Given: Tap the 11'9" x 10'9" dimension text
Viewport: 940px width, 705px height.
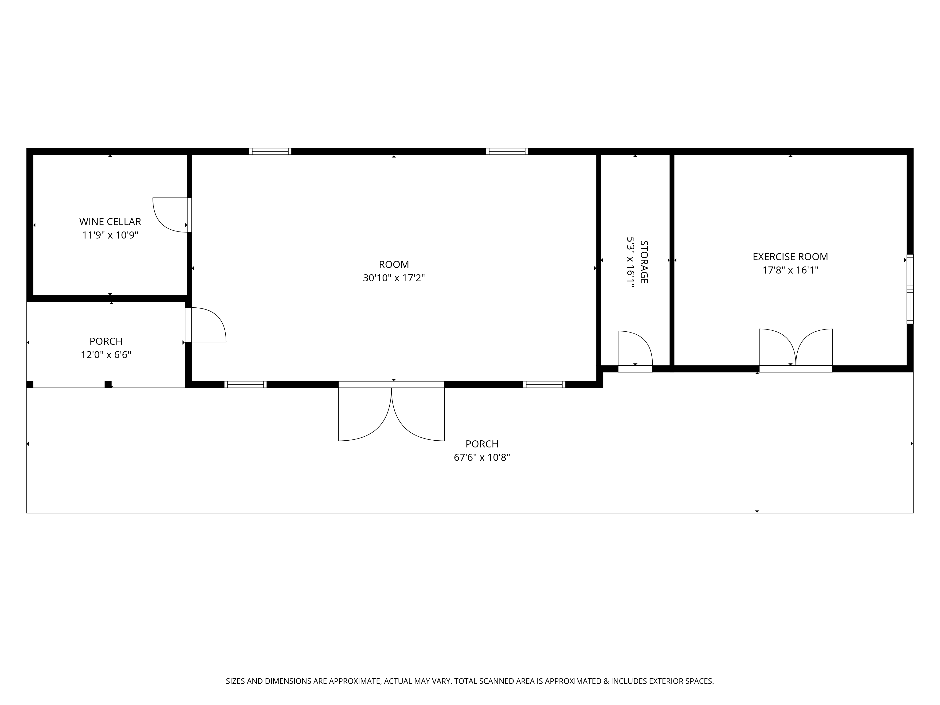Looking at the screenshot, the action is pyautogui.click(x=110, y=235).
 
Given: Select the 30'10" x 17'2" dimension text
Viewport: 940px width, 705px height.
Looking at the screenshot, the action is pyautogui.click(x=394, y=278).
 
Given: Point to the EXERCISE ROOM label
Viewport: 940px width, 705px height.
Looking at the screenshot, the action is pyautogui.click(x=790, y=257).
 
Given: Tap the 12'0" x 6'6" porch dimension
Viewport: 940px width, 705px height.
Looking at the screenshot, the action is pyautogui.click(x=106, y=355).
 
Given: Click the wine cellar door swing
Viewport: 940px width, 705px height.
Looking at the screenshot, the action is pyautogui.click(x=170, y=215).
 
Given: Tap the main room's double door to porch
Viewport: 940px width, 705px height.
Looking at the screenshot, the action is pyautogui.click(x=391, y=411).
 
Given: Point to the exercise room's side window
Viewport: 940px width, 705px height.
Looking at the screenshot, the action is pyautogui.click(x=910, y=289).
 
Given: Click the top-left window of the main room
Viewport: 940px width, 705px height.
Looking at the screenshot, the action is pyautogui.click(x=270, y=151).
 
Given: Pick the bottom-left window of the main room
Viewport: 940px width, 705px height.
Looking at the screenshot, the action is pyautogui.click(x=246, y=385).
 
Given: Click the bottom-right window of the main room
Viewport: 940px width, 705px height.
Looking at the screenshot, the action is pyautogui.click(x=544, y=385).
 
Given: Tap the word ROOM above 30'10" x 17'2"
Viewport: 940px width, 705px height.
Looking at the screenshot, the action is pyautogui.click(x=394, y=264).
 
